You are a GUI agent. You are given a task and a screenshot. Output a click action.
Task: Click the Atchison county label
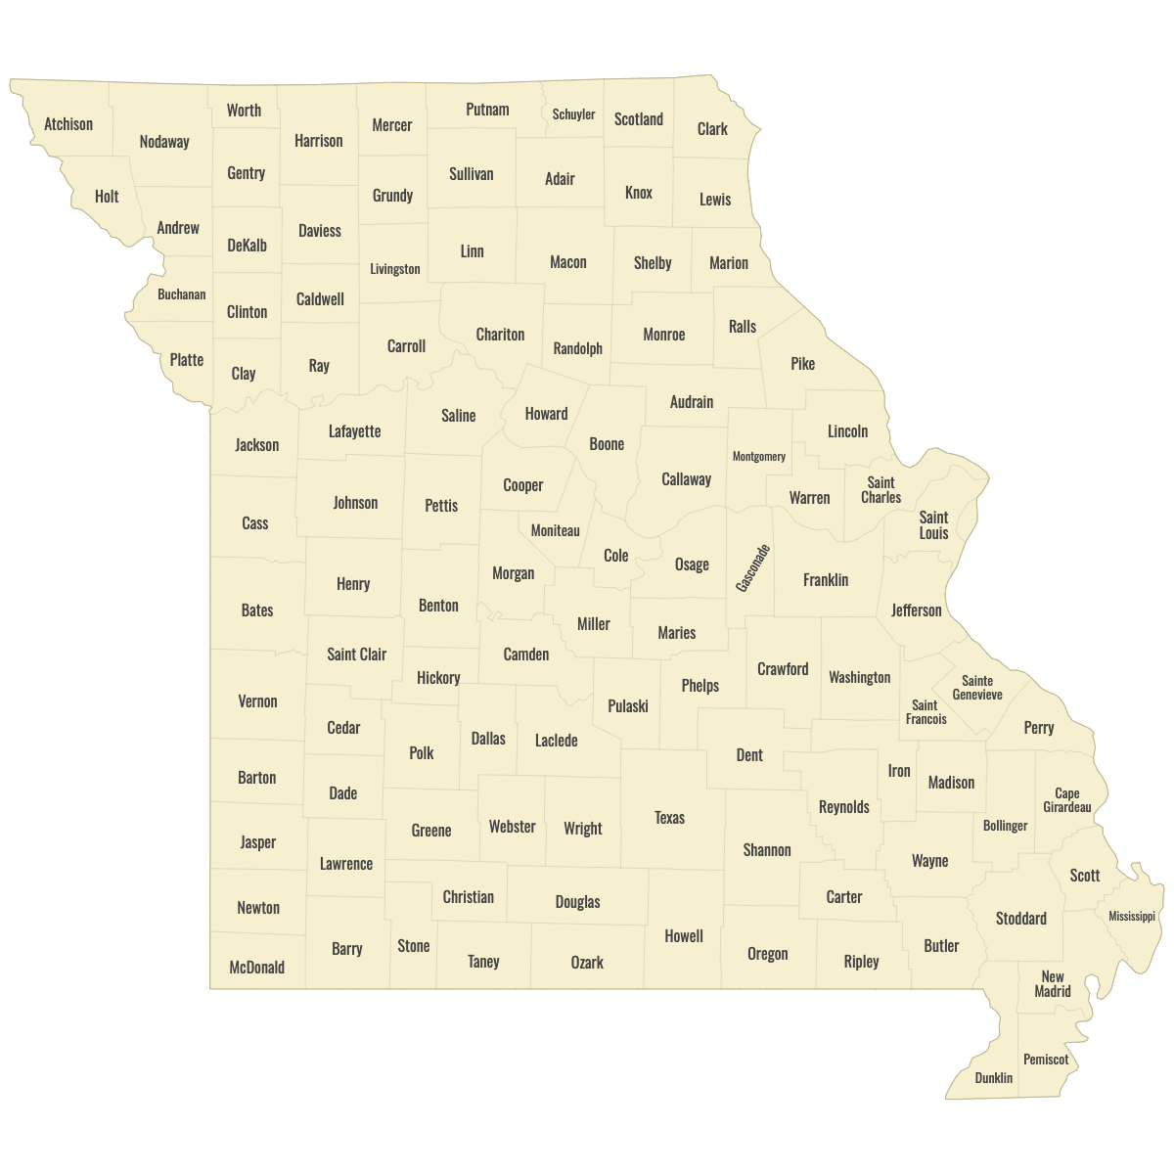point(68,124)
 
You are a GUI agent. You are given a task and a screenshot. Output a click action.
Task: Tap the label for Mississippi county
point(1132,917)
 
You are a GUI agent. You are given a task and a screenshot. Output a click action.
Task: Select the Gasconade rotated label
point(753,567)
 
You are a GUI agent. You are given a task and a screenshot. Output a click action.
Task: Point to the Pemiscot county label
point(1046,1060)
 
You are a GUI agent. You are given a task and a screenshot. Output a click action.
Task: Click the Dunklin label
point(994,1078)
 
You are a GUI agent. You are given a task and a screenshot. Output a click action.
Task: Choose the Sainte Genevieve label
point(977,688)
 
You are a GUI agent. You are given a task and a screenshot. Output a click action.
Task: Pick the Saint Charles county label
point(880,490)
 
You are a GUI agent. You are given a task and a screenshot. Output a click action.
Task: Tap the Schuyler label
point(573,114)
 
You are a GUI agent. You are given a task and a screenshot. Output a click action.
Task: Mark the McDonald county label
point(256,968)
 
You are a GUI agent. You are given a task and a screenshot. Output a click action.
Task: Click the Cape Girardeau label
point(1066,800)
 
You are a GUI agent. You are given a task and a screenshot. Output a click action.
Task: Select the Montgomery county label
point(759,457)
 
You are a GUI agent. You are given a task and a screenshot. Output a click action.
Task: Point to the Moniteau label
point(555,531)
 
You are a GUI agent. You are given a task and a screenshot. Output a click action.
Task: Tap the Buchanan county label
point(182,294)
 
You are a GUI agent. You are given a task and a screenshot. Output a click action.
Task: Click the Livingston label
point(395,269)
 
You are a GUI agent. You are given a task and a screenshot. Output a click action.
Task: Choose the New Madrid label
point(1053,984)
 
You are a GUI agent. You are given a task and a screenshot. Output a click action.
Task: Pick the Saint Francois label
point(926,712)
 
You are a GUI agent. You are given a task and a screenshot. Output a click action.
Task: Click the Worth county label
point(244,111)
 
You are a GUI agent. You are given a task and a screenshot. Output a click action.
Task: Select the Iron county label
point(899,771)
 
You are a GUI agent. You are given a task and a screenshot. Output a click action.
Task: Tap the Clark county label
point(712,129)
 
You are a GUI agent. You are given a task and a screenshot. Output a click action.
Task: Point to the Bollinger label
point(1006,826)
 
